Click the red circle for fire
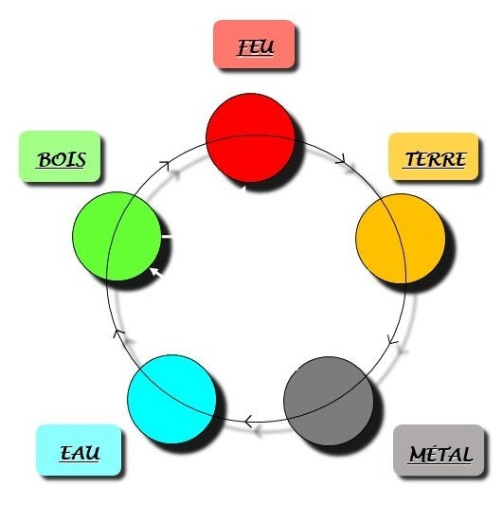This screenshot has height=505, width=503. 250,137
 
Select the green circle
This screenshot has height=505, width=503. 117,236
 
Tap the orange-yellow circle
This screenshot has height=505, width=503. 401,239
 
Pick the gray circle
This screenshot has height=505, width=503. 329,401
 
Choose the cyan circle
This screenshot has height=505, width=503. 172,399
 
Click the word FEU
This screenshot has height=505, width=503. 256,47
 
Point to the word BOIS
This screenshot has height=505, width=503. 62,160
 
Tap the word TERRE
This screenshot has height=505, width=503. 435,159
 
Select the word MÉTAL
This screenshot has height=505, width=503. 440,454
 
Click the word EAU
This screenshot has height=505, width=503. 80,453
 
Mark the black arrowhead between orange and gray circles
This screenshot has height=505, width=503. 391,339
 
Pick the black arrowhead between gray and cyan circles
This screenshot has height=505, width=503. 248,422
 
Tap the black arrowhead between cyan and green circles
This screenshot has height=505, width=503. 118,333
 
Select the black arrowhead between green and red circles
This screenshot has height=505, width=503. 165,164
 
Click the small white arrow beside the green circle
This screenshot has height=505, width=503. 156,272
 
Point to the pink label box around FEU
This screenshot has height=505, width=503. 254,45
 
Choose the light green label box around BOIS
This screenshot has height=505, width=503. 61,156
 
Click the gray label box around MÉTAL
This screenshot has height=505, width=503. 439,450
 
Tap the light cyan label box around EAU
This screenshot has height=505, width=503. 79,450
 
